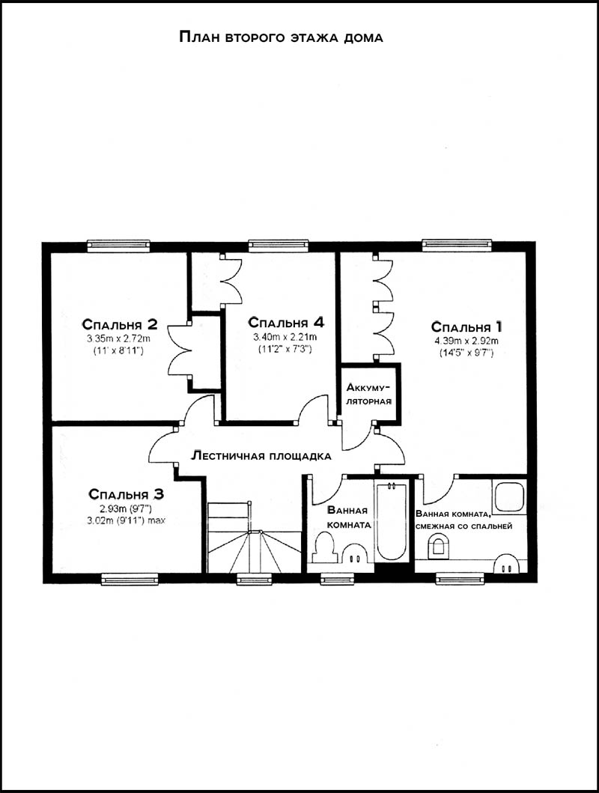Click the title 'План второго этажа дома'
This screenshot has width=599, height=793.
tap(281, 37)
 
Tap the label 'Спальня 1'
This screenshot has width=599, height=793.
tap(466, 326)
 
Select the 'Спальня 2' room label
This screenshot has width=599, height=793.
tap(120, 323)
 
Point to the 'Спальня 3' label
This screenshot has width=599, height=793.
tap(126, 493)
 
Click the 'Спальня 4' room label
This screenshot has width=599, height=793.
tap(285, 322)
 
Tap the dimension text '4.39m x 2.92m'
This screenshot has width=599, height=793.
tap(466, 341)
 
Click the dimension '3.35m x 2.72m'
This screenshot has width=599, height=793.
tap(119, 338)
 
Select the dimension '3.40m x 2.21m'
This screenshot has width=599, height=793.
tap(285, 337)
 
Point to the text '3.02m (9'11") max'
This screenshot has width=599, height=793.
tap(127, 520)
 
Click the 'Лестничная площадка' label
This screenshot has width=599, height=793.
tap(261, 456)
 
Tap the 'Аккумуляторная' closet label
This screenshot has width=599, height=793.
tap(369, 395)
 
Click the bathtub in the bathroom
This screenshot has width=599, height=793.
tap(392, 521)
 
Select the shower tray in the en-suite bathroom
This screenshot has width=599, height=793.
tap(510, 496)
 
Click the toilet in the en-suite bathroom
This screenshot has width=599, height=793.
tap(438, 547)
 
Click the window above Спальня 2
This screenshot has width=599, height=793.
tap(119, 246)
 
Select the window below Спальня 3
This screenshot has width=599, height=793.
tap(130, 579)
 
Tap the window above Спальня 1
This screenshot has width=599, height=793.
tap(457, 245)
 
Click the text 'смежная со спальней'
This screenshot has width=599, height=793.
tap(463, 526)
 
